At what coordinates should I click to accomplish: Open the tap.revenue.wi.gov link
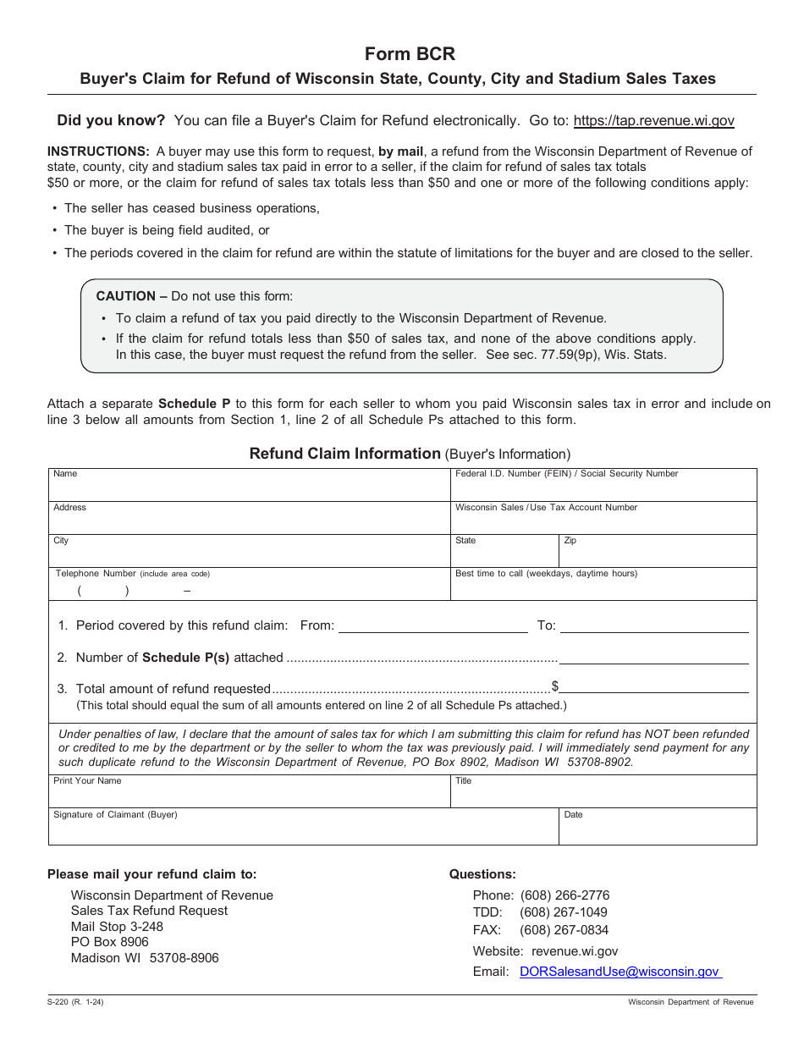tap(653, 121)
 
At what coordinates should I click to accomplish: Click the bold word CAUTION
tap(126, 296)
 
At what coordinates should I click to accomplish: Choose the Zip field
tap(658, 554)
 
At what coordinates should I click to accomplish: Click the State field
tap(504, 554)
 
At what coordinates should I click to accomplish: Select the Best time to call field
tap(603, 587)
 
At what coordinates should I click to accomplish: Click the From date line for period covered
tap(432, 626)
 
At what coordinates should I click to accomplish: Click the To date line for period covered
tap(654, 626)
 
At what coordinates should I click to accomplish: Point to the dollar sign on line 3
tap(555, 686)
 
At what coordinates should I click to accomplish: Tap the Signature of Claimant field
tap(303, 830)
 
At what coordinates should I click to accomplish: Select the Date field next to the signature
tap(658, 830)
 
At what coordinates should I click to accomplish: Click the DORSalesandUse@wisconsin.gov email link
tap(620, 972)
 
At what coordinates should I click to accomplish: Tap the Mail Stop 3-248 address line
tap(117, 927)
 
